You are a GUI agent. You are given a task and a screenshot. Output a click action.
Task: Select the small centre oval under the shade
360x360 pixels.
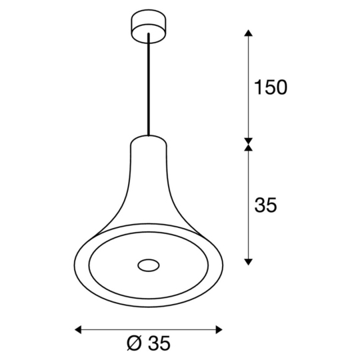click(149, 266)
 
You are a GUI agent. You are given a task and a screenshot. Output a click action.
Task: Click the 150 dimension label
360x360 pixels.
click(269, 87)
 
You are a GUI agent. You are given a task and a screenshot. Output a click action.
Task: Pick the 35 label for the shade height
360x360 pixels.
click(265, 206)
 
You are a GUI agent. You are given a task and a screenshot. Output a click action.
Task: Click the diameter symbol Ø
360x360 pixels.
click(133, 344)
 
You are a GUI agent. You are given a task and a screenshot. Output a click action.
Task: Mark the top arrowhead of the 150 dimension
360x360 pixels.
click(249, 33)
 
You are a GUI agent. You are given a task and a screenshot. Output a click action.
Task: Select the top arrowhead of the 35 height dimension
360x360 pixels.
click(249, 147)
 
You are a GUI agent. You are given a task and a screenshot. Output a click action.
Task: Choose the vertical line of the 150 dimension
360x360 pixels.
click(249, 87)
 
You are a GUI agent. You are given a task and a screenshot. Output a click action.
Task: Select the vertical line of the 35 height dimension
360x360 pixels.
click(249, 203)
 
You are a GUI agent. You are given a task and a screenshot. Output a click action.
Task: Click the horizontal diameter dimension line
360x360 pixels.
click(148, 328)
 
